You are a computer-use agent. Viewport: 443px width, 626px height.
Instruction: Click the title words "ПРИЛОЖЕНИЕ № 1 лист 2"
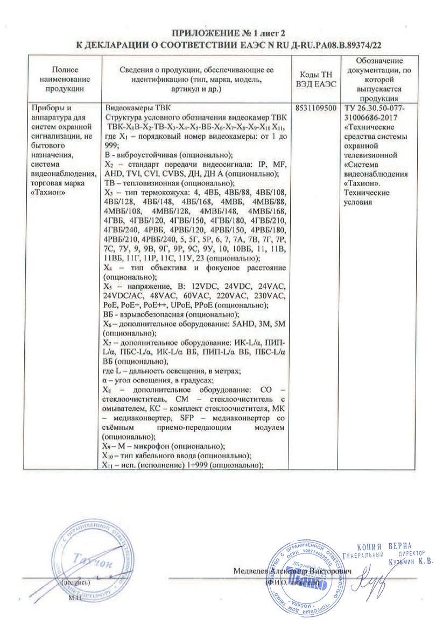point(221,33)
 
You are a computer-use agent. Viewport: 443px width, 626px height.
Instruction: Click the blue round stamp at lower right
point(303,570)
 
